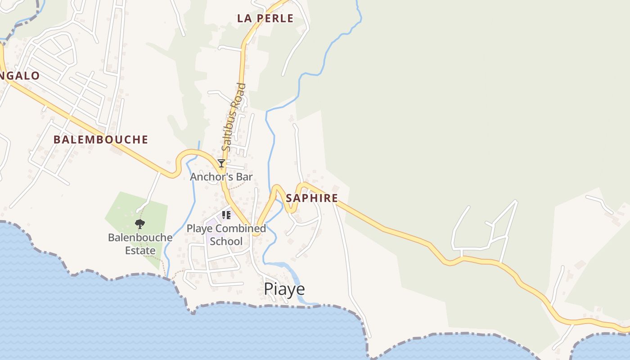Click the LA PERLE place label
pyautogui.click(x=265, y=18)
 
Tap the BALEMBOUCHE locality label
pyautogui.click(x=101, y=139)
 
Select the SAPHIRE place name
pyautogui.click(x=312, y=198)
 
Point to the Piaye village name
pyautogui.click(x=284, y=289)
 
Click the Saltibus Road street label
pyautogui.click(x=234, y=117)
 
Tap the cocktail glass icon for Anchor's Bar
pyautogui.click(x=221, y=163)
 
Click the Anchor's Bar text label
pyautogui.click(x=221, y=176)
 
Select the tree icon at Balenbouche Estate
pyautogui.click(x=140, y=224)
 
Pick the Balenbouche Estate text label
pyautogui.click(x=140, y=244)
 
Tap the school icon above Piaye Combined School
pyautogui.click(x=226, y=215)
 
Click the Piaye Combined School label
pyautogui.click(x=226, y=234)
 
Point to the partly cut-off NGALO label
pyautogui.click(x=20, y=76)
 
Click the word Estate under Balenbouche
pyautogui.click(x=140, y=251)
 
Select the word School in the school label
pyautogui.click(x=226, y=241)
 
